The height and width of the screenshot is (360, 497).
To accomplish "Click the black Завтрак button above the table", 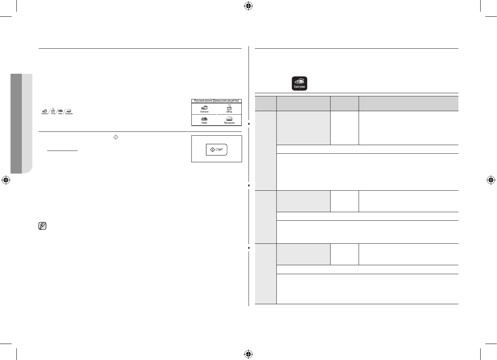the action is tap(299, 84).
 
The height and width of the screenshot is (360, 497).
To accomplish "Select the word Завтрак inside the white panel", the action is tap(204, 111).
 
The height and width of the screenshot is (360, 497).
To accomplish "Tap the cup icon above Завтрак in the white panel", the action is tap(204, 106).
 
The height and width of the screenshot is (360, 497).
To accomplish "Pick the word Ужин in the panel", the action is tap(204, 122).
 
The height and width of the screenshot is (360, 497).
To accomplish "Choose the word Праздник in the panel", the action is tap(229, 122).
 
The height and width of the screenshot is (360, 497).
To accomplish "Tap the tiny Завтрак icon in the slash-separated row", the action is tap(44, 112).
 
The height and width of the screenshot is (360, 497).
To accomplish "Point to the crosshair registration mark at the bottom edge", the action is tap(248, 354).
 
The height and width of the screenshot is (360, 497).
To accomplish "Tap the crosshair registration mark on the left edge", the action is tap(6, 180).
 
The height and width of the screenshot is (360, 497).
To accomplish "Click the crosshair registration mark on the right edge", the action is tap(491, 180).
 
